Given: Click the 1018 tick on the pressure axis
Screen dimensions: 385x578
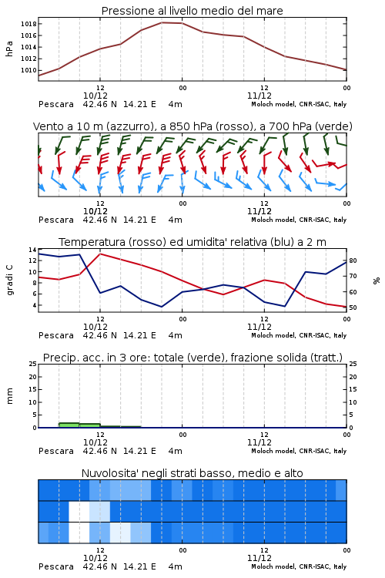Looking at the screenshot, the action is (28, 24).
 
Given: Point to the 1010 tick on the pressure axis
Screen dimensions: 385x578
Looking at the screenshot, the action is (28, 70).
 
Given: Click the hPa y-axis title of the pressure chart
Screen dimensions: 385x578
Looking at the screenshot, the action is (9, 49).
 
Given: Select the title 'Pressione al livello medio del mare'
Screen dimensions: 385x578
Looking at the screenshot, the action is (192, 11).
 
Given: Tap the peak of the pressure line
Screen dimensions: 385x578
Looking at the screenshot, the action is (162, 22).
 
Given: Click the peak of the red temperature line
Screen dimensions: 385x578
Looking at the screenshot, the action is (100, 254).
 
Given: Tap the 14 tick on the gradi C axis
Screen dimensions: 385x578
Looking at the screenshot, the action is (32, 250).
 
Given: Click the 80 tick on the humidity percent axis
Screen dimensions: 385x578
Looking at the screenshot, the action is (353, 260).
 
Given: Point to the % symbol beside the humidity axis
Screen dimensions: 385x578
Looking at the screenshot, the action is (377, 281).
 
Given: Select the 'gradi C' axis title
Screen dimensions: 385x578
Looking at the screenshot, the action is (9, 281).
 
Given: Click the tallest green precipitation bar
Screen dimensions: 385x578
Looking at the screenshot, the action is (69, 425).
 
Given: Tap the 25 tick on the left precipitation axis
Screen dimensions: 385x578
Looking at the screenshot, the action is (32, 364).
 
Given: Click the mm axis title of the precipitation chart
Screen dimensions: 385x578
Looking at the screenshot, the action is (9, 396).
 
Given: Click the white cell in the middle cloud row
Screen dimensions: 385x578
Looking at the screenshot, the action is (79, 511).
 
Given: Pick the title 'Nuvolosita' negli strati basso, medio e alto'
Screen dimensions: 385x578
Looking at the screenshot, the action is (192, 473).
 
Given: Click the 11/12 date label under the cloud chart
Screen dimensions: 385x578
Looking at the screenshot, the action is (259, 558).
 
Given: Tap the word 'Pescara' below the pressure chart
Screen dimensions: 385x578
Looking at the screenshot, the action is (56, 105).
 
